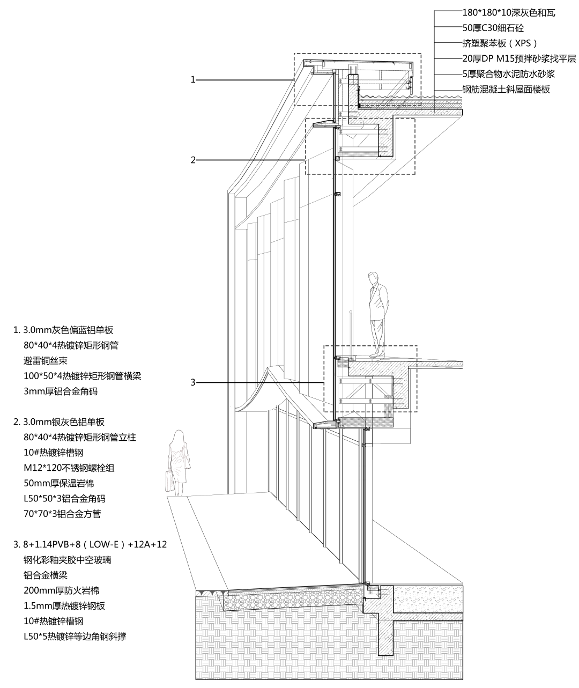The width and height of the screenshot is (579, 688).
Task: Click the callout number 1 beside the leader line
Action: [193, 80]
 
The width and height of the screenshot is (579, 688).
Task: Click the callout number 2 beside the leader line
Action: [193, 159]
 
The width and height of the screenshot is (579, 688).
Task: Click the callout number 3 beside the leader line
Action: [193, 382]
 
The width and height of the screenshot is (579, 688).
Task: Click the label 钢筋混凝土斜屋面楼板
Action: [506, 90]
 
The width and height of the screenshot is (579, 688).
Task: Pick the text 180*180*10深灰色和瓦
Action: [509, 12]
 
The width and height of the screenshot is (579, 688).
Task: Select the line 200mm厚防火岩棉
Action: [62, 590]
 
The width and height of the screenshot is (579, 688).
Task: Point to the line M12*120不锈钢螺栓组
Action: [69, 468]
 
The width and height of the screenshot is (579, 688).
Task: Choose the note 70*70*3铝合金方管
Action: [62, 514]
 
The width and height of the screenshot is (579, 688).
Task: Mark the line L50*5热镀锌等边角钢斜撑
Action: [75, 637]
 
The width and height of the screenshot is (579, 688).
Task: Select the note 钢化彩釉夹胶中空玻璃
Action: [68, 560]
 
